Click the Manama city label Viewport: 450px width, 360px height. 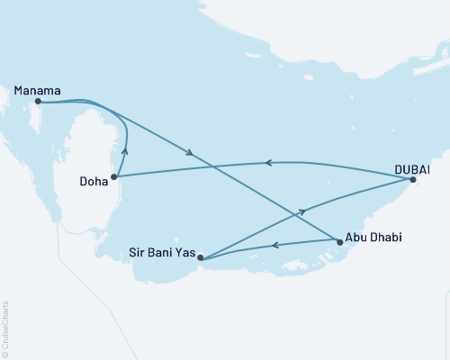[38, 90]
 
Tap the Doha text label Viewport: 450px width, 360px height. [94, 180]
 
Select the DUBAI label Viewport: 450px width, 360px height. [411, 168]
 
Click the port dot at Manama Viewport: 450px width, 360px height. [38, 102]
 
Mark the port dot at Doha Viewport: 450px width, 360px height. [113, 177]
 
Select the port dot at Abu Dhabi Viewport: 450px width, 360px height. [338, 242]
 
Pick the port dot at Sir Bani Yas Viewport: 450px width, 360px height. [201, 259]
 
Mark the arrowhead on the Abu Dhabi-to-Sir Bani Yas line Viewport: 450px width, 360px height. [274, 246]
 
